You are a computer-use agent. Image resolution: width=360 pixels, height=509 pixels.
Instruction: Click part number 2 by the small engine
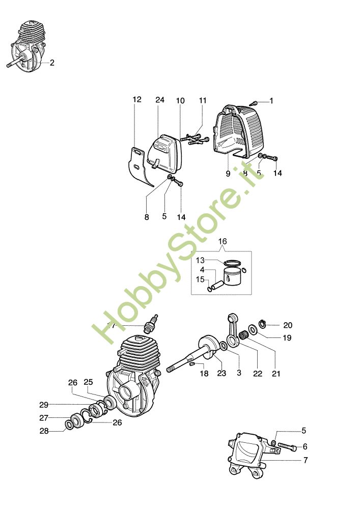tap(52, 63)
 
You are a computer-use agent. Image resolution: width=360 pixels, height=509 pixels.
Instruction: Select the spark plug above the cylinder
tap(152, 323)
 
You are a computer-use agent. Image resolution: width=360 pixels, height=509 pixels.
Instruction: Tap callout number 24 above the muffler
tap(160, 100)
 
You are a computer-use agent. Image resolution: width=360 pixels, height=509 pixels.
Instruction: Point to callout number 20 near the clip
tap(288, 325)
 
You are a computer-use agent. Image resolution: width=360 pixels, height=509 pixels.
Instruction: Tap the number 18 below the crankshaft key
tap(204, 374)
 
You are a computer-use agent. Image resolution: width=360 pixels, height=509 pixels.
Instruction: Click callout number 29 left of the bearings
tap(43, 405)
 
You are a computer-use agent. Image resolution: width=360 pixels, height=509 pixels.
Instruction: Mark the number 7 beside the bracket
tap(306, 460)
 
